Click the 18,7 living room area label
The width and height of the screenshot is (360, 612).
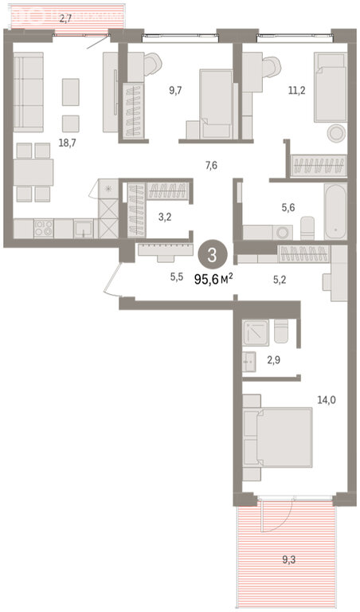coord(67,143)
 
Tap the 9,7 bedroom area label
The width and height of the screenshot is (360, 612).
coord(175,91)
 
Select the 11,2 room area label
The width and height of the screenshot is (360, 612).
coord(297,91)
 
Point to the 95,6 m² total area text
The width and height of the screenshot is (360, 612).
coord(214,279)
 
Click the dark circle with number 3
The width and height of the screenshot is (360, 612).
coord(213,256)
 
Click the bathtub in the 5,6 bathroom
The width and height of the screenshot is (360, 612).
coord(335,211)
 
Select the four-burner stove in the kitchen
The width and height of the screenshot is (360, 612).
coord(43,228)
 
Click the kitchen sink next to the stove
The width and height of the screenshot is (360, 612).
coord(84,229)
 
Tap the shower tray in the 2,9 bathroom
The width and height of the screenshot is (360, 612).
coord(256,332)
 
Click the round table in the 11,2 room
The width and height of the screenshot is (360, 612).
coord(335,134)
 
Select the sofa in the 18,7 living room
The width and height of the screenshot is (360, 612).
coord(28,92)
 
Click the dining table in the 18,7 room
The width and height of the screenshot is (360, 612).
coord(33,172)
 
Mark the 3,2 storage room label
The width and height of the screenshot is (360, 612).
coord(164,217)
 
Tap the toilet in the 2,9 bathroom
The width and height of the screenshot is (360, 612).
coord(281,331)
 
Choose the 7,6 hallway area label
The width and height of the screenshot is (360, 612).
coord(211,166)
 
